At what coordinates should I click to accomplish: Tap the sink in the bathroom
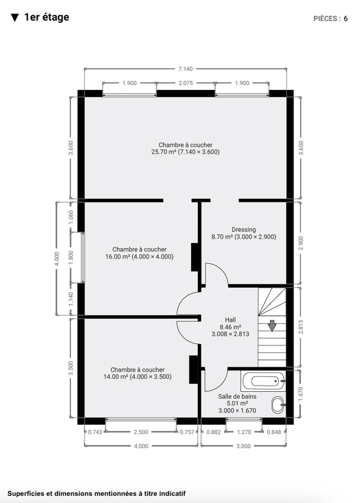pos(278,404)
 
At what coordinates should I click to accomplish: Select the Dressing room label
pos(243,229)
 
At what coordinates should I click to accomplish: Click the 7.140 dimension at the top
pos(185,69)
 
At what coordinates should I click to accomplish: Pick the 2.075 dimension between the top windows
pos(185,83)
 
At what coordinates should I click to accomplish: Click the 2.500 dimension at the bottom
pos(142,432)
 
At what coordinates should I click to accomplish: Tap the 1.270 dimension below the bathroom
pos(244,432)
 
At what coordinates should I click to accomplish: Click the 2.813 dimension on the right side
pos(301,327)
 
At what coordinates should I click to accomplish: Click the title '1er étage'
pos(46,17)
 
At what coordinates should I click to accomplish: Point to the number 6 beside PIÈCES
pos(346,18)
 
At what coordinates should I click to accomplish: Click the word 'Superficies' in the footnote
pos(26,493)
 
